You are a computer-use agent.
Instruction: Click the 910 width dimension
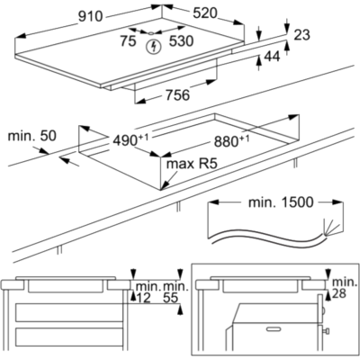[91, 16]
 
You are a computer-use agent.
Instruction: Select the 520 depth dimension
[204, 13]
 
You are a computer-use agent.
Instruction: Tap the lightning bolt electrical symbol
[154, 47]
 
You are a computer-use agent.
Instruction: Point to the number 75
[129, 41]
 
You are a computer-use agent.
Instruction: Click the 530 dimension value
[181, 41]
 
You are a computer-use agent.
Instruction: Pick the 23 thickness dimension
[301, 35]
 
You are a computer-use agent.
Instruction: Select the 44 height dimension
[272, 56]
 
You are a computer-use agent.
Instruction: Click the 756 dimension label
[178, 95]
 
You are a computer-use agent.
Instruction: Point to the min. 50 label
[31, 136]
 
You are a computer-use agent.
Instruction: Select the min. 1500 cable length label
[281, 202]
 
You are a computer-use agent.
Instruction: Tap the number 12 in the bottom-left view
[143, 298]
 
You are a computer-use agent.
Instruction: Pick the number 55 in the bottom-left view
[171, 298]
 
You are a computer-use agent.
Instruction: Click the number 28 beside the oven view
[339, 293]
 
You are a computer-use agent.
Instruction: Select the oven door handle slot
[274, 329]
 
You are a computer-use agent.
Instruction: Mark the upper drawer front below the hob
[69, 312]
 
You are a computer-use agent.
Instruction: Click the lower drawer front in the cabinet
[69, 337]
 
